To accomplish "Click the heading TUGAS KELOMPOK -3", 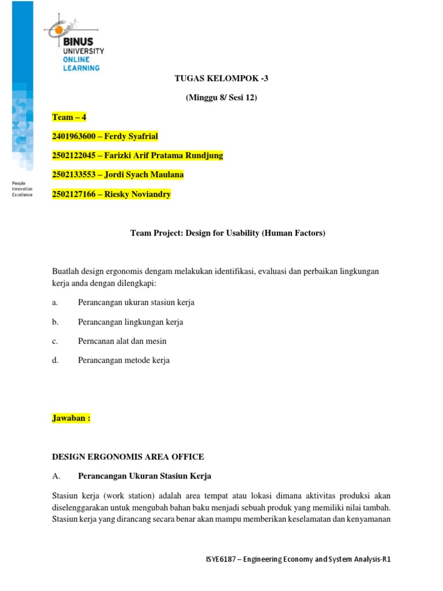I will (221, 78).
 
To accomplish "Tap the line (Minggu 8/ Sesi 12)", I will (221, 98).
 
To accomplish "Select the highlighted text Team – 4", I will (69, 117).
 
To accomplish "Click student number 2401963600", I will (73, 136).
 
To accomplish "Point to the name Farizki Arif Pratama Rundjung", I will (163, 155).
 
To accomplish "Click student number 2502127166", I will (73, 194).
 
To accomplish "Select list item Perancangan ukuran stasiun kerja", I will (136, 302).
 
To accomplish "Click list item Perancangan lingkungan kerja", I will (130, 321).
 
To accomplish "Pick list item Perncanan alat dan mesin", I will (122, 341).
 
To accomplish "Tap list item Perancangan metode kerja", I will (124, 360).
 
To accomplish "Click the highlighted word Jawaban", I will (69, 418).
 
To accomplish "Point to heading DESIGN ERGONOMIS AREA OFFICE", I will (127, 457).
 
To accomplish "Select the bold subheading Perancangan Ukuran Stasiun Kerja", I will (144, 476).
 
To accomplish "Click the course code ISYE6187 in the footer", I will (223, 559).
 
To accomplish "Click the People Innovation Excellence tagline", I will (22, 189).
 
